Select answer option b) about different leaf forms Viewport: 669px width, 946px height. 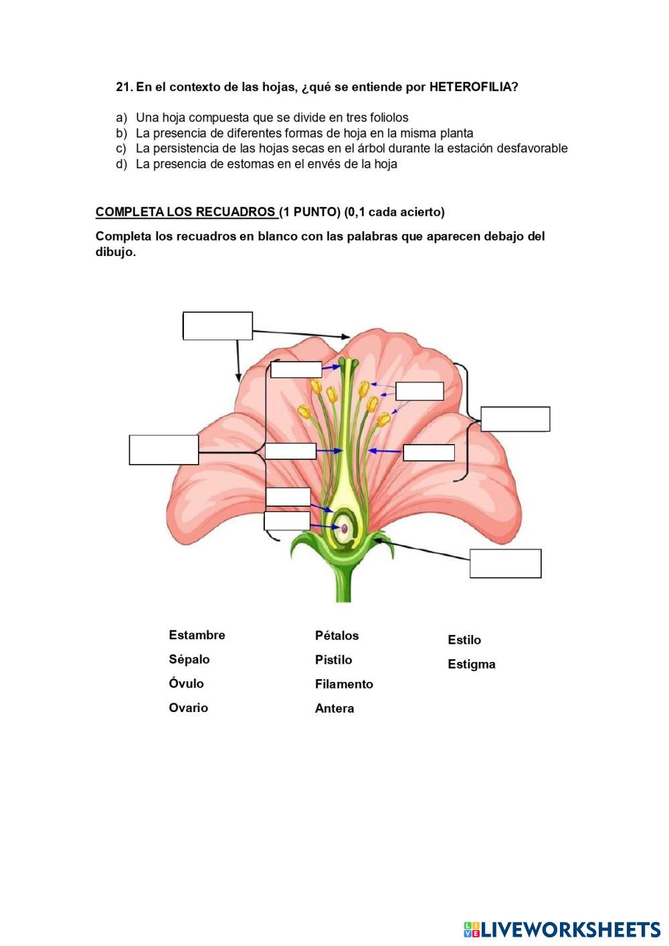(304, 133)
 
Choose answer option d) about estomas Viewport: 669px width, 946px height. (266, 164)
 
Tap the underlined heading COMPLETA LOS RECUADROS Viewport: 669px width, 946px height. (187, 212)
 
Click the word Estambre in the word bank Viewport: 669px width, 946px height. (197, 635)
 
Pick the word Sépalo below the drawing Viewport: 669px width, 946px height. (189, 659)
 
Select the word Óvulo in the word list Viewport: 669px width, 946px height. (187, 683)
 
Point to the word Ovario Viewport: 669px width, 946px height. (189, 707)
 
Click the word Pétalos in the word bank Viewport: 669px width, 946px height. (337, 636)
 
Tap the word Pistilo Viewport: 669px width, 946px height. (333, 660)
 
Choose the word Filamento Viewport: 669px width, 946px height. (344, 684)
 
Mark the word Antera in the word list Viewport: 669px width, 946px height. (334, 709)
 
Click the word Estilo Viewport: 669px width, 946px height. (464, 640)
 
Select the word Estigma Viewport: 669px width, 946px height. (472, 664)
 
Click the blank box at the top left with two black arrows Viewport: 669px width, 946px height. (217, 326)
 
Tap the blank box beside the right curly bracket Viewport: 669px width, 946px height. (515, 419)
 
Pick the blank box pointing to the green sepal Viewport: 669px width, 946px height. (505, 564)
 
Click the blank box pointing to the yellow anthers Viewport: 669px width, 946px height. (419, 391)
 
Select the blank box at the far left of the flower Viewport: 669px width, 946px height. (164, 449)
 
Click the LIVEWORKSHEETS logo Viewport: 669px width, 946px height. (561, 929)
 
